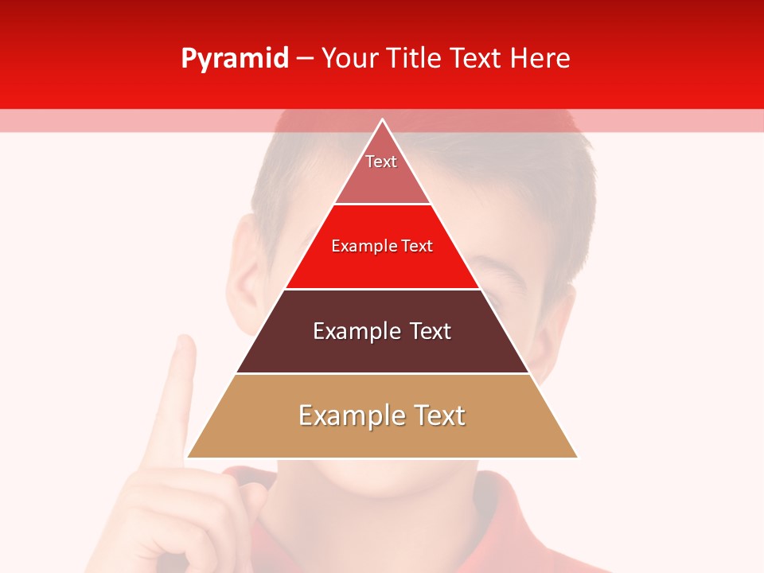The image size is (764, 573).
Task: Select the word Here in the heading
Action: tap(540, 58)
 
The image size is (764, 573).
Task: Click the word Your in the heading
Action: tap(350, 58)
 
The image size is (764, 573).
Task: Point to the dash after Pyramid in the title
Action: tap(305, 59)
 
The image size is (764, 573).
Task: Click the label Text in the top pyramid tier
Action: tap(381, 162)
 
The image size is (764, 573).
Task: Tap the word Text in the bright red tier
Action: tap(417, 246)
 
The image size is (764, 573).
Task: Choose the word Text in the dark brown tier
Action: tap(431, 331)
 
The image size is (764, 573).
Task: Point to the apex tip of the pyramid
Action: tap(383, 120)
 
